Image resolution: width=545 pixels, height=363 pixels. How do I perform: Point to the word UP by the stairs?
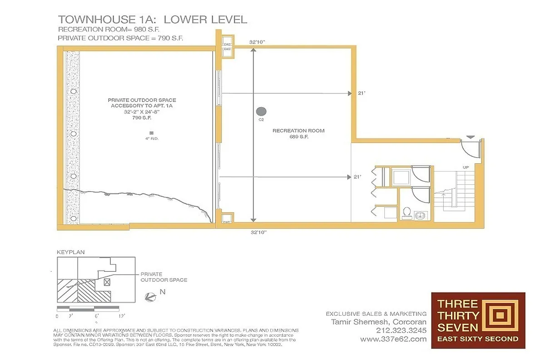[466, 167]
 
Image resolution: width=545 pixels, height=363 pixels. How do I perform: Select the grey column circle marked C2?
[261, 111]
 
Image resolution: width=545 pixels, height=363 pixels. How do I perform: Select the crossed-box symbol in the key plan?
[107, 282]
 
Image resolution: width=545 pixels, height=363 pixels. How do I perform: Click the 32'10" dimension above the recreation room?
[258, 42]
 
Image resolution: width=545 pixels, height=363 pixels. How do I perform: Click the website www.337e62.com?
[393, 338]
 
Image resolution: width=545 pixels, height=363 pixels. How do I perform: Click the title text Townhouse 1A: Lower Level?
[152, 20]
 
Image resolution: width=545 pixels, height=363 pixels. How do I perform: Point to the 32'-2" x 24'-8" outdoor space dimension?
[142, 112]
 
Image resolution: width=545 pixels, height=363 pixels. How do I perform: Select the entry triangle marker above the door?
[471, 136]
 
